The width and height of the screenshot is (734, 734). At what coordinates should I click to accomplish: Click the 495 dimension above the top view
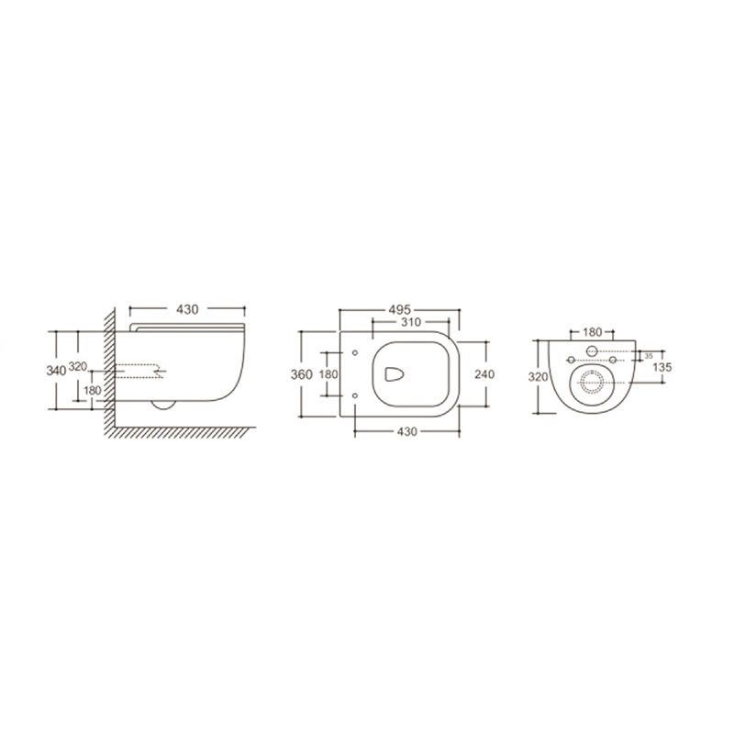(399, 310)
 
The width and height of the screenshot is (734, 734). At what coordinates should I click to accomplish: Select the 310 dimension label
(410, 322)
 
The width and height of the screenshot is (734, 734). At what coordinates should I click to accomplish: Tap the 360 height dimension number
(302, 374)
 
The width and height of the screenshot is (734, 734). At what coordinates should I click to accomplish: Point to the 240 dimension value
(484, 374)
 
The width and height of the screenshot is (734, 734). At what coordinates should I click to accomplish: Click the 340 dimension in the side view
(56, 371)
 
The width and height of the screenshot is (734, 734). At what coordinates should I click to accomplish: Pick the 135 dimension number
(662, 367)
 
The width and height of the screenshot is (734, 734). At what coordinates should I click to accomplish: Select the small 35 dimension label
(649, 356)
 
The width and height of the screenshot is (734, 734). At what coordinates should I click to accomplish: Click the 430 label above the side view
(187, 309)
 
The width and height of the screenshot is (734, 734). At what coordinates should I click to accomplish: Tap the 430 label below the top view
(406, 431)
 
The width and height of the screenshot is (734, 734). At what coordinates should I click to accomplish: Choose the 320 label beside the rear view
(538, 376)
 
